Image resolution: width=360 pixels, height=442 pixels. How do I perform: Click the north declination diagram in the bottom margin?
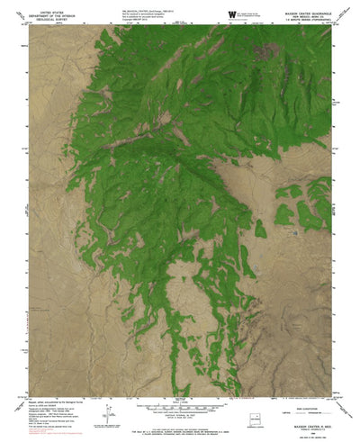(110, 413)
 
